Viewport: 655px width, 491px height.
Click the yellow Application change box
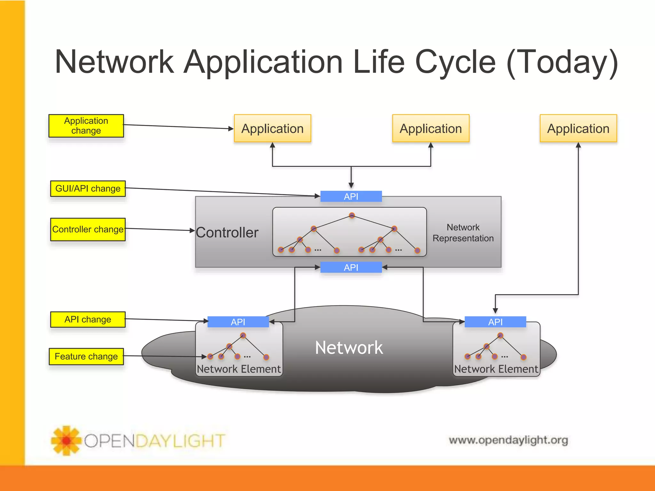[x=86, y=126]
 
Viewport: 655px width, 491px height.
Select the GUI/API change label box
[x=88, y=189]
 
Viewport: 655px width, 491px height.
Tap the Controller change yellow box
[x=88, y=229]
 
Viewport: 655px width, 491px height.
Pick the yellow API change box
[x=88, y=319]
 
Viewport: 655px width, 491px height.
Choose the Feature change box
[x=86, y=356]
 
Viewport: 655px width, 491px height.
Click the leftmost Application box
[x=272, y=129]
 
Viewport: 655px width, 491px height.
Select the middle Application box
[x=430, y=129]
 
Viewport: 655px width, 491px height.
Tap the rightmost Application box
[x=578, y=129]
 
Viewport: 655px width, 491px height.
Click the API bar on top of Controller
[x=351, y=196]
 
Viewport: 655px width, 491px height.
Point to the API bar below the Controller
[x=351, y=267]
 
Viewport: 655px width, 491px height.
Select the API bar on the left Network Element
[x=238, y=322]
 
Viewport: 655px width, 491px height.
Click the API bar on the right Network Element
[x=495, y=322]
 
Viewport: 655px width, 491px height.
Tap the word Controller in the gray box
[x=227, y=232]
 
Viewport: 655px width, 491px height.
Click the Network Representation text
[x=463, y=233]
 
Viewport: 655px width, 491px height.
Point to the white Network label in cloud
[x=349, y=347]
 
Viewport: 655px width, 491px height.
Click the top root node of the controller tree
[x=352, y=215]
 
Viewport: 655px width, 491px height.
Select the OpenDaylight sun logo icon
[x=66, y=440]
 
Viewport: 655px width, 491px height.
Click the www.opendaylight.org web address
[x=508, y=440]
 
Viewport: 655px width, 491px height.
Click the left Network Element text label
[x=239, y=369]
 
